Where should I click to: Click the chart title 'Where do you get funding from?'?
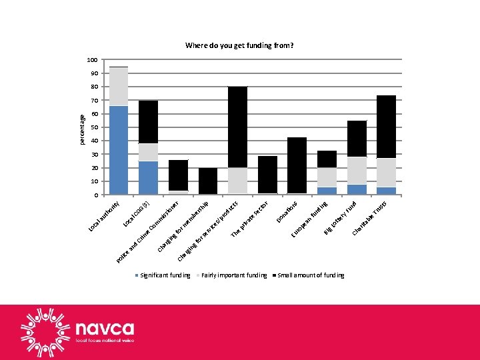click(239, 46)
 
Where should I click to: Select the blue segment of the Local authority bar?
click(119, 150)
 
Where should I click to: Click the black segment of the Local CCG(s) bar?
click(148, 122)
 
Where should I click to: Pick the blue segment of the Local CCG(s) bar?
click(148, 178)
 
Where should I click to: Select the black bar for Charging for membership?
click(208, 181)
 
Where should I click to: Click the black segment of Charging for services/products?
click(237, 127)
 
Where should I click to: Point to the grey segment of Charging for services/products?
click(237, 181)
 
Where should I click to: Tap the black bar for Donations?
click(297, 165)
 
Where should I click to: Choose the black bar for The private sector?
click(267, 175)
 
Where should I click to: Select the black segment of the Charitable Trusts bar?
click(386, 127)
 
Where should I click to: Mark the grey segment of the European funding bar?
click(327, 177)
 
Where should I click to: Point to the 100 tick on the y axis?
click(93, 60)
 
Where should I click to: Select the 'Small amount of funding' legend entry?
click(308, 275)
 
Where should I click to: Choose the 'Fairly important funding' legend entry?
click(231, 275)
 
